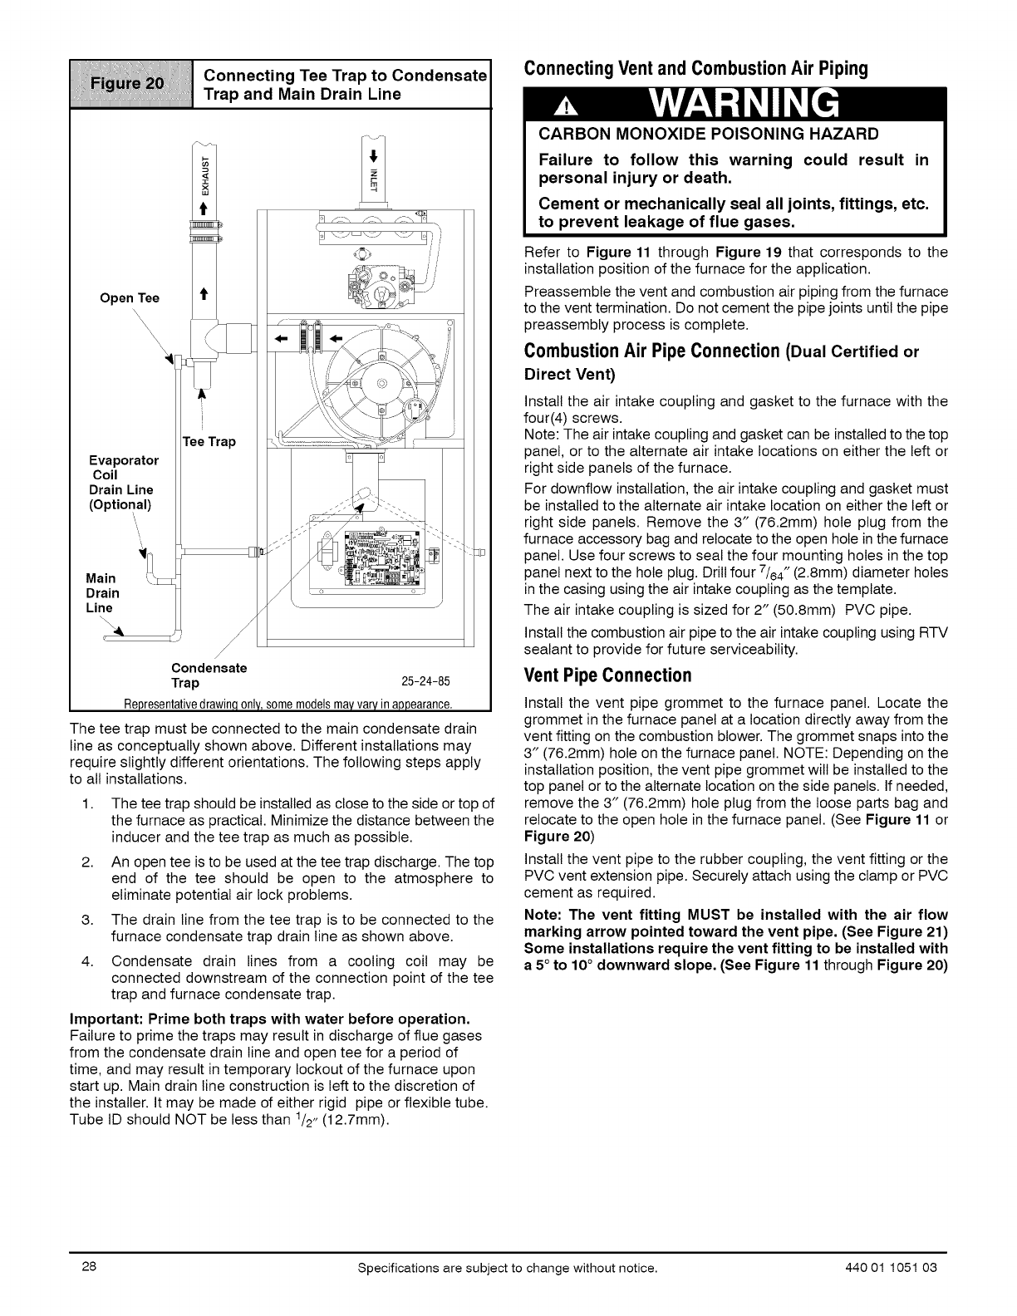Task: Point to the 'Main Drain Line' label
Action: point(103,593)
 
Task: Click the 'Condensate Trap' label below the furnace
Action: point(209,675)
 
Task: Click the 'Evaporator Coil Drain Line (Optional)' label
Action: point(123,482)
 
